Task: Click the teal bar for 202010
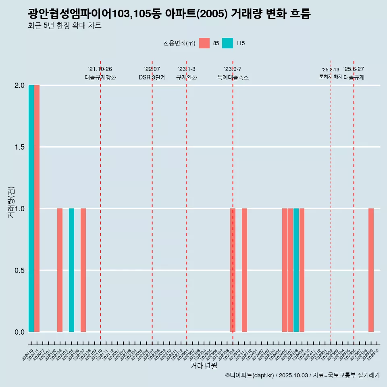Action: [31, 208]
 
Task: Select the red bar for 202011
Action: [37, 208]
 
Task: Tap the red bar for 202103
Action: [60, 270]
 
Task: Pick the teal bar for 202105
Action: [71, 270]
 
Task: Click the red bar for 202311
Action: [244, 270]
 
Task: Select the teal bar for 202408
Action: [296, 270]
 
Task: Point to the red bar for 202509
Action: [371, 270]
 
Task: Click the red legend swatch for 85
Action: [204, 43]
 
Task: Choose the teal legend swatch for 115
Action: [228, 43]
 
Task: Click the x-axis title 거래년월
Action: [204, 366]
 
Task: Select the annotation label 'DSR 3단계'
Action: [152, 78]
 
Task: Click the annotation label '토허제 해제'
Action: [331, 77]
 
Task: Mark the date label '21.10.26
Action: [100, 69]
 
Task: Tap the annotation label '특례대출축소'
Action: [233, 78]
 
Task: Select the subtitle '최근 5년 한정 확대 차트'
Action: [64, 26]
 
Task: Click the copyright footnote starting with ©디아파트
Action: [302, 375]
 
